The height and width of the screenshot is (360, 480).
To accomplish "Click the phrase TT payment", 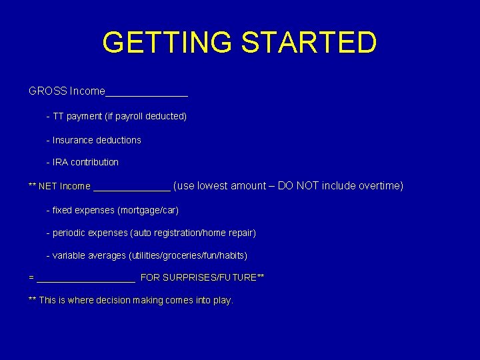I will [74, 117].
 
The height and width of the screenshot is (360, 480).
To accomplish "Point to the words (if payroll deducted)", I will [145, 117].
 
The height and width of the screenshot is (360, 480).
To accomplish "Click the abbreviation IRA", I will [61, 163].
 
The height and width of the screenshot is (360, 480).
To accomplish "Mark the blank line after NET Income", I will [132, 188].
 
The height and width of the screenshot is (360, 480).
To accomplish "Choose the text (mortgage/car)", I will [148, 211].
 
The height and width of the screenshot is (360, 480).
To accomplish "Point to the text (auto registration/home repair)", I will [193, 233].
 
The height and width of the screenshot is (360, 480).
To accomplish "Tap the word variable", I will [69, 256].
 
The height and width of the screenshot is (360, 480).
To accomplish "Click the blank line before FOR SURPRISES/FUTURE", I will [86, 280].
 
